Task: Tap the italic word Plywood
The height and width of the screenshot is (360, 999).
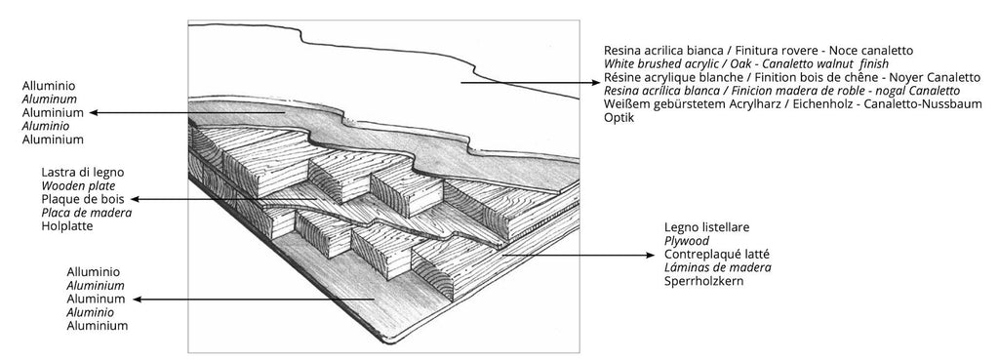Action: [689, 240]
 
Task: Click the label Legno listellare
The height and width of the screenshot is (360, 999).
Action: [706, 226]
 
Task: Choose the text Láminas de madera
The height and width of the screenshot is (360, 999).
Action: [717, 267]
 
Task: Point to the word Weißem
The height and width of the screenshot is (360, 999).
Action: [628, 103]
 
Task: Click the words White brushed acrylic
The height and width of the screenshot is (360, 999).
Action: [663, 62]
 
